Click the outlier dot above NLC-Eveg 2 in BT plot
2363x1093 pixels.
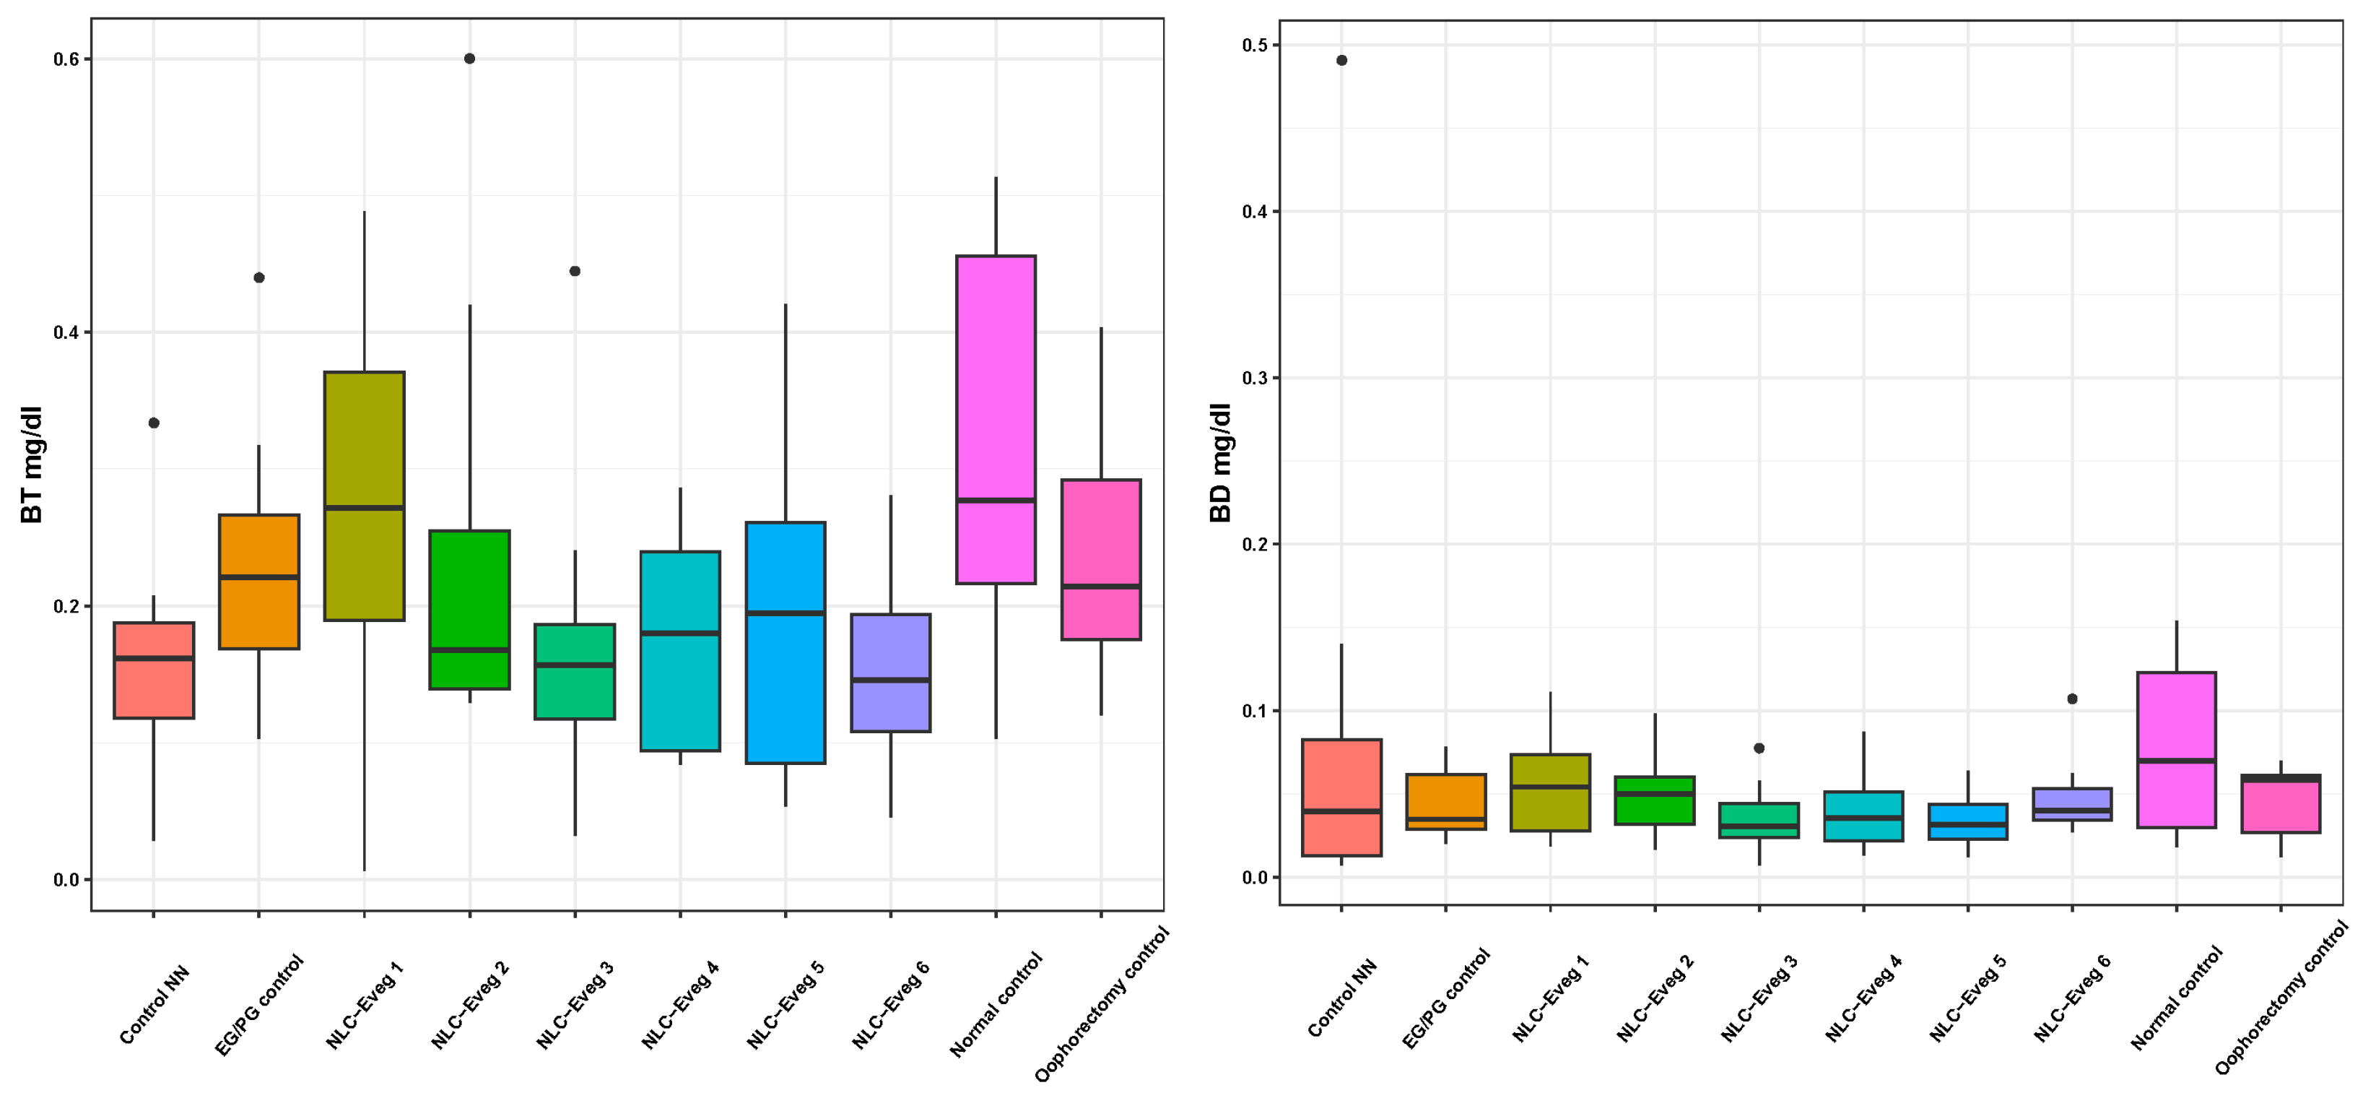tap(470, 59)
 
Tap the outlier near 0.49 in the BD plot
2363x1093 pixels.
tap(1342, 61)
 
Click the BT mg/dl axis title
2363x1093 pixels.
tap(32, 465)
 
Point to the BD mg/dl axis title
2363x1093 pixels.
tap(1221, 462)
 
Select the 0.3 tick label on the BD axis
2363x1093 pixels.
tap(1255, 378)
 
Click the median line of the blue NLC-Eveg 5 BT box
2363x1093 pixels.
tap(786, 613)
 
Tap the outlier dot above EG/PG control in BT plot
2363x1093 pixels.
tap(258, 277)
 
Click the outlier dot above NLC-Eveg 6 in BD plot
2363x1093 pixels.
tap(2072, 699)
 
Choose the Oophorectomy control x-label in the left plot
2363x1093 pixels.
tap(1102, 1005)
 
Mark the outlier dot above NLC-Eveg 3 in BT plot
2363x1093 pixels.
tap(575, 271)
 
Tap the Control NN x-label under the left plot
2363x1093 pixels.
tap(154, 1005)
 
